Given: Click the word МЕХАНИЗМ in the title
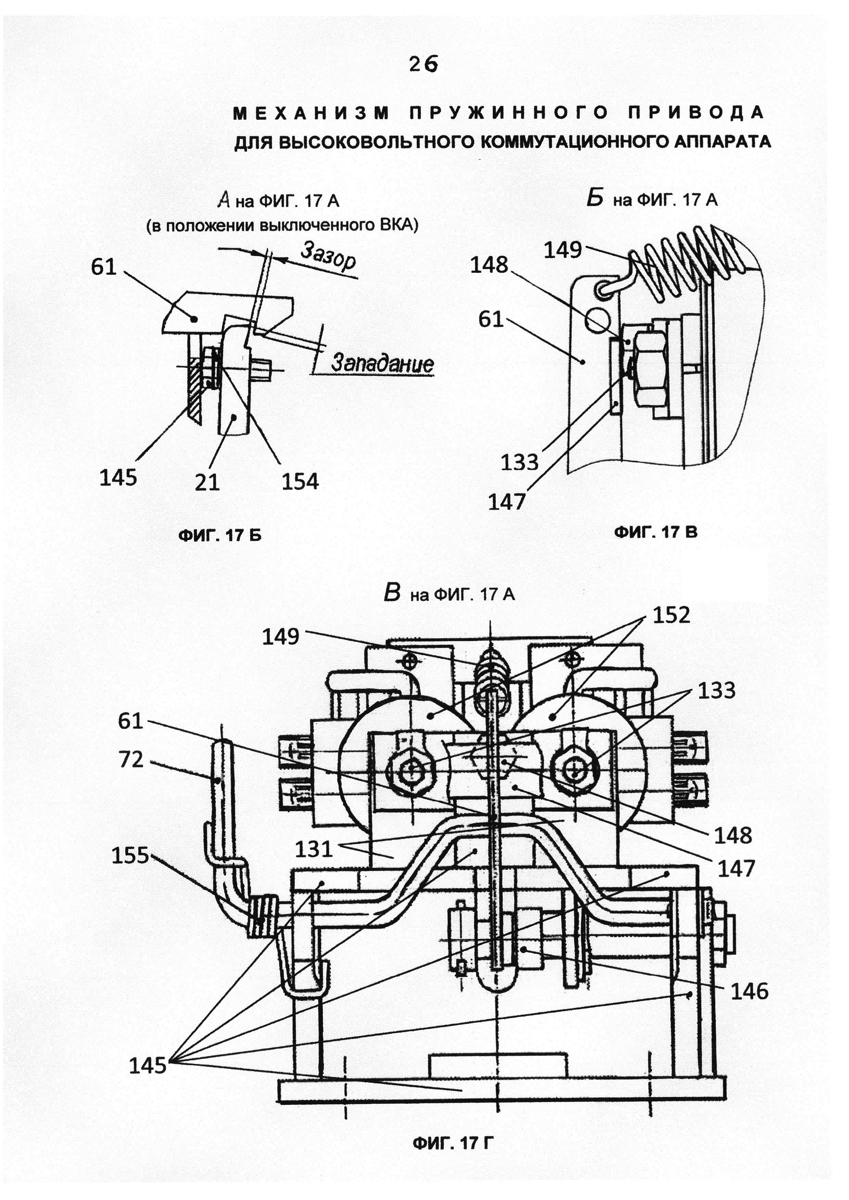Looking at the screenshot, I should coord(312,113).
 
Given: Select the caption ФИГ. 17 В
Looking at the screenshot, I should coord(656,532).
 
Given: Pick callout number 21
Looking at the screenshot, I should coord(207,481).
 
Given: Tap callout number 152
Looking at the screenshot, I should coord(671,616).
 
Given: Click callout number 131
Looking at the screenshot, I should coord(314,849).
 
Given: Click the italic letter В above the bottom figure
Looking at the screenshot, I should coord(392,593).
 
